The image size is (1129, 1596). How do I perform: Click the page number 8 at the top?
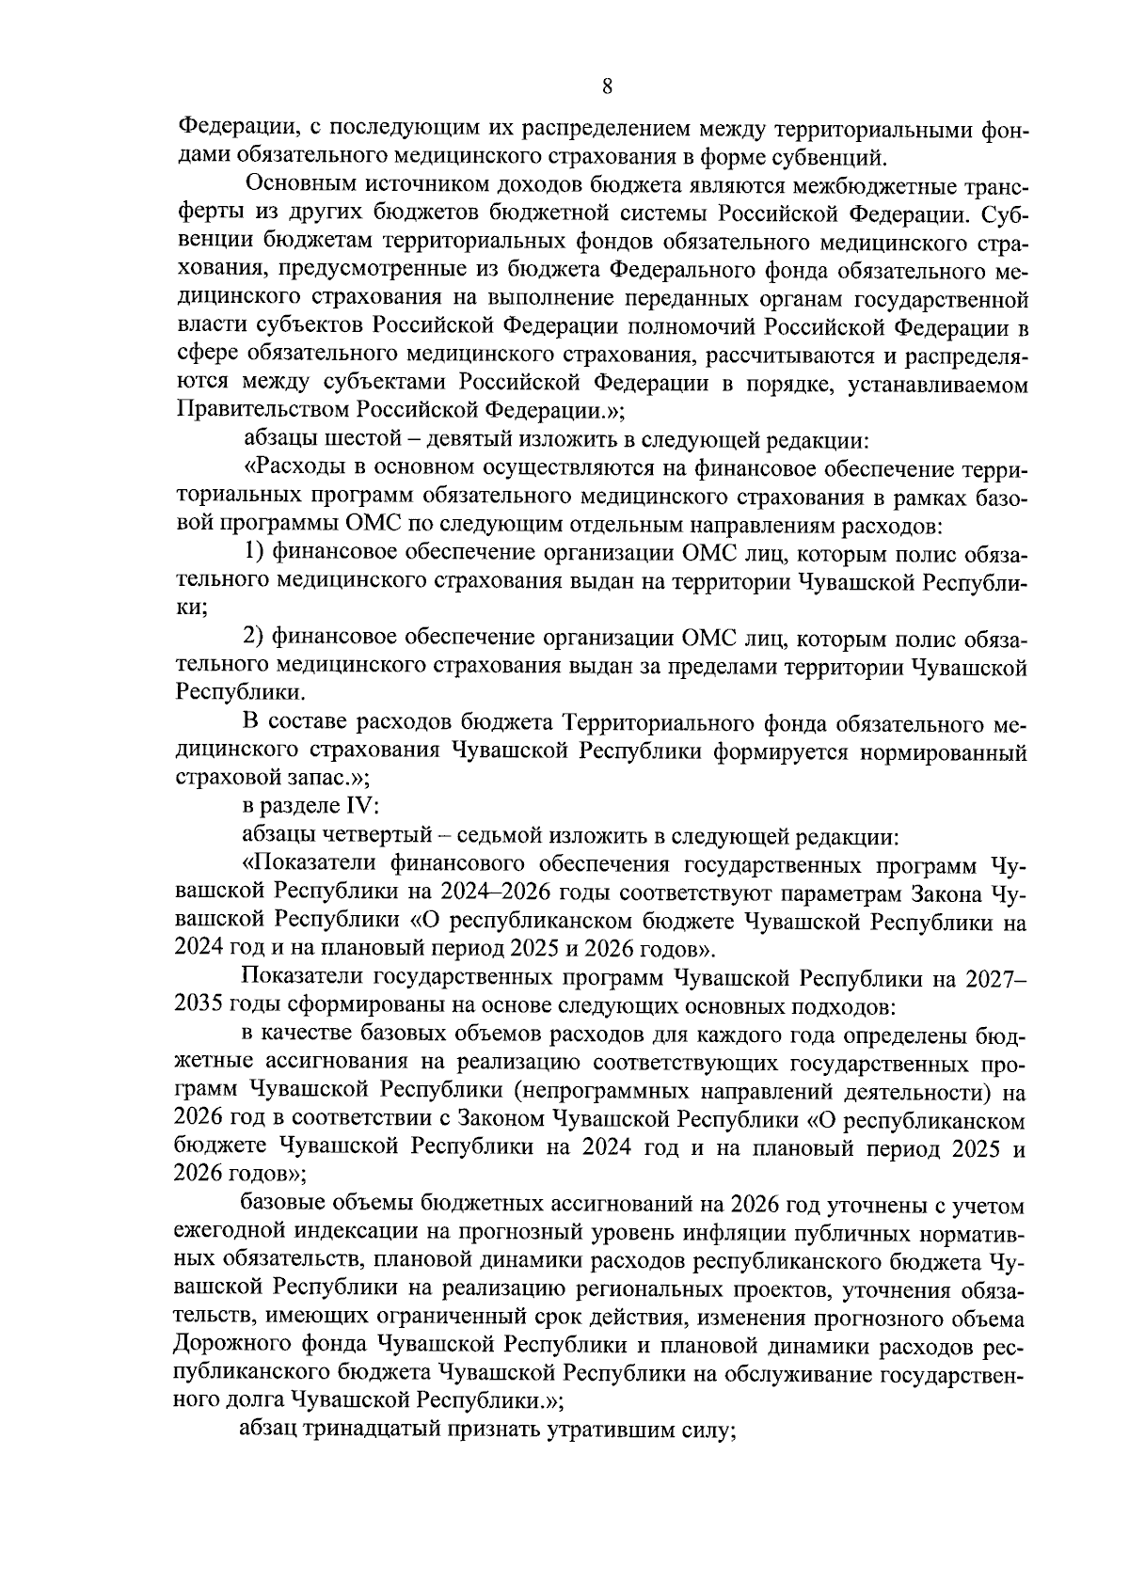[x=607, y=87]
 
